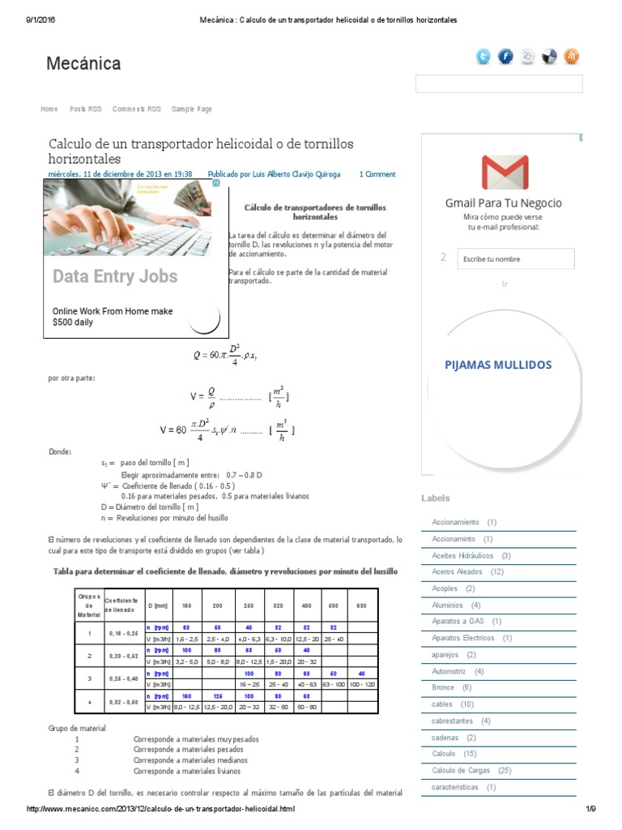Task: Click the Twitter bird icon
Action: (484, 56)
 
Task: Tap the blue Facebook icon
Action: (505, 56)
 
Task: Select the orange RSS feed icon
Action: (572, 56)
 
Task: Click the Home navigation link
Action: (49, 109)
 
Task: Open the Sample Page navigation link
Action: (191, 109)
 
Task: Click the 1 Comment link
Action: (377, 173)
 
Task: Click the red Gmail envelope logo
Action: (505, 173)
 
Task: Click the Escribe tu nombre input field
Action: (515, 259)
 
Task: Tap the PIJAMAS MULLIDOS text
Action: (498, 365)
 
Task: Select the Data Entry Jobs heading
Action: (115, 276)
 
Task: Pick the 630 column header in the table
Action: (361, 605)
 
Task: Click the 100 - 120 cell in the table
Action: (361, 684)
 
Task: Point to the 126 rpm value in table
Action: (217, 695)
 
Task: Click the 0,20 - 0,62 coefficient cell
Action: (124, 655)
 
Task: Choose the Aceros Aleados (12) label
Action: (467, 571)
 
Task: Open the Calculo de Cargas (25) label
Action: (471, 770)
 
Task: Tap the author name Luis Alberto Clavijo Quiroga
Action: (275, 173)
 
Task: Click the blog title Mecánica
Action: (84, 63)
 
